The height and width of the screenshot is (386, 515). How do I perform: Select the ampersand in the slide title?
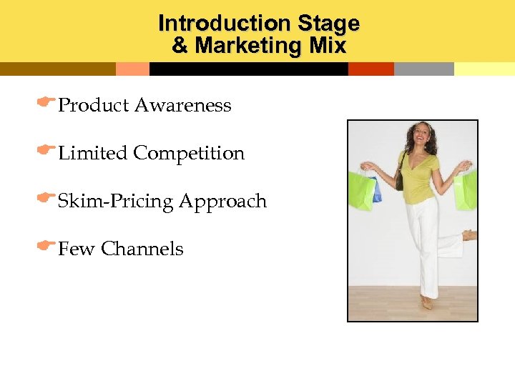point(180,46)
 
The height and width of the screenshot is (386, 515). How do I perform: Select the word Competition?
point(189,154)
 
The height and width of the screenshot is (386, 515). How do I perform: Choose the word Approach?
point(222,202)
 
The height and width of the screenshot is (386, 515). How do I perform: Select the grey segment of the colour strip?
point(423,69)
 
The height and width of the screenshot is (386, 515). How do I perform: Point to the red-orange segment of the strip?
point(371,69)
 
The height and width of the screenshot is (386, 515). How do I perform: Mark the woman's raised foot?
point(469,234)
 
